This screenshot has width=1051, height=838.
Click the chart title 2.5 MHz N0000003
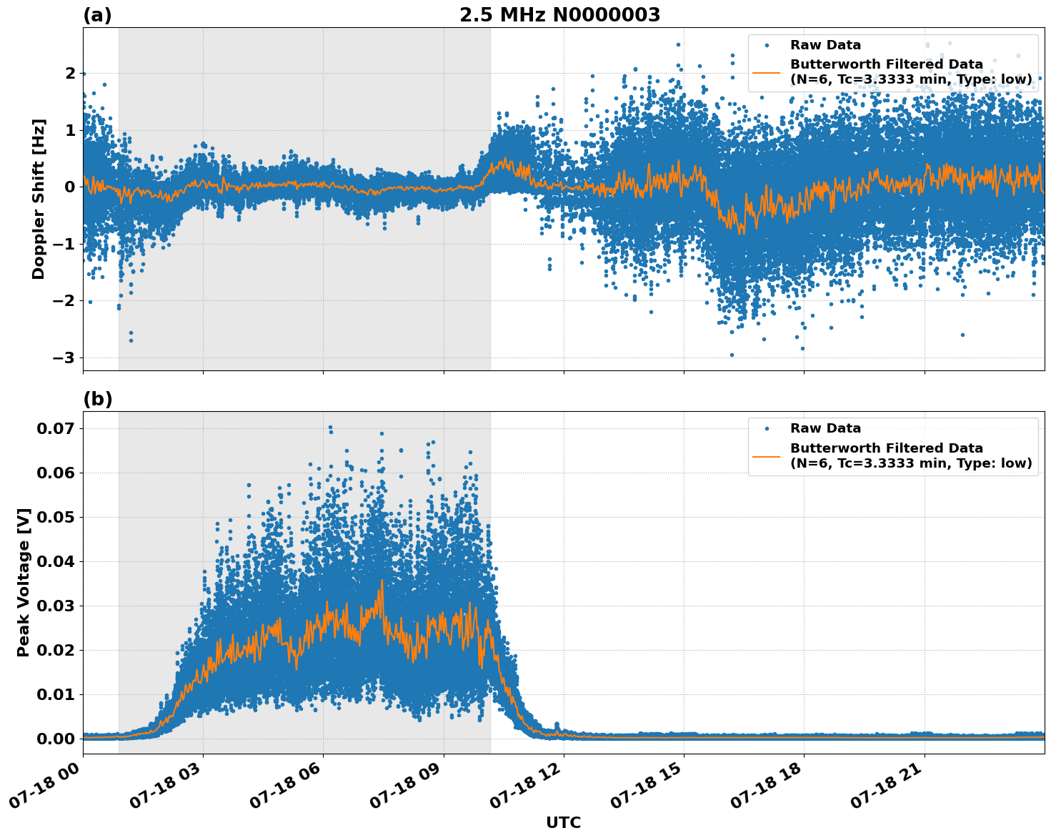tap(559, 15)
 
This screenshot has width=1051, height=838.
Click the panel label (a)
tap(97, 15)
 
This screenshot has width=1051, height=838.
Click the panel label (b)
tap(97, 399)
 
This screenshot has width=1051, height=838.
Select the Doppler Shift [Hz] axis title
tap(39, 199)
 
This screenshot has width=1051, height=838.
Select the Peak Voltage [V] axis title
tap(24, 582)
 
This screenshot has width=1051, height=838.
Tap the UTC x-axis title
tap(563, 822)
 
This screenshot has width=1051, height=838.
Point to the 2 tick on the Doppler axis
tap(70, 73)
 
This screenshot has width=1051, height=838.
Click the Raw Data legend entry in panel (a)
tap(825, 45)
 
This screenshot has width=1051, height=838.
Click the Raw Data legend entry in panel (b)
tap(825, 428)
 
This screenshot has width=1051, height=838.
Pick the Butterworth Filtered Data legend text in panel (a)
tap(886, 64)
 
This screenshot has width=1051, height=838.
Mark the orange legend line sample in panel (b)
tap(767, 455)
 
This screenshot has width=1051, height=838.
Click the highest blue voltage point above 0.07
tap(330, 427)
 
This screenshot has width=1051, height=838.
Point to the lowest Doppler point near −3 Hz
tap(731, 355)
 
